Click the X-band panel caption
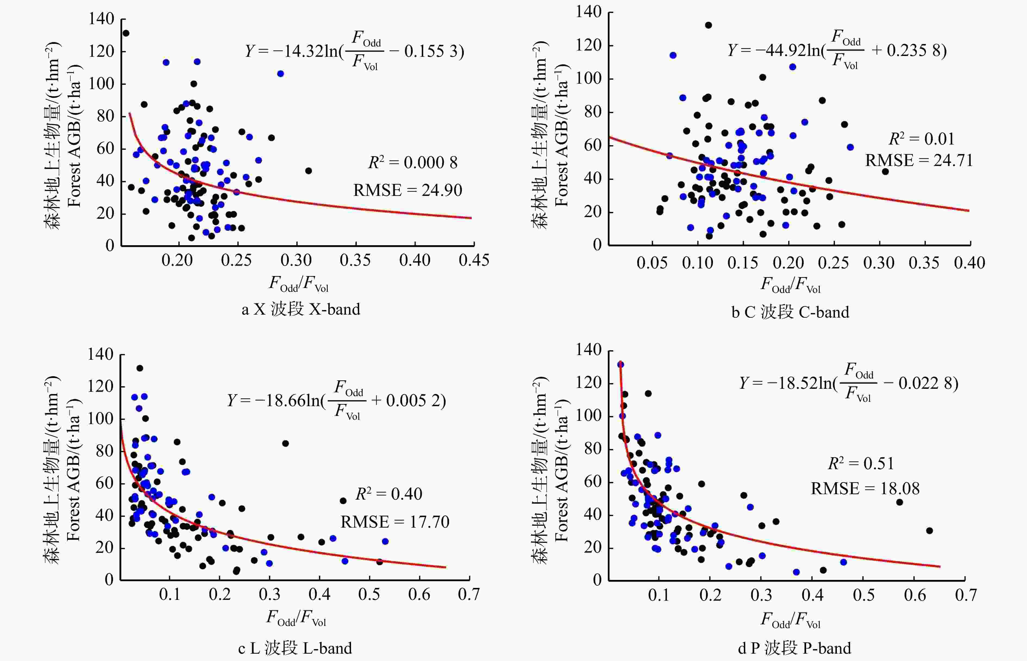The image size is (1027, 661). [x=300, y=309]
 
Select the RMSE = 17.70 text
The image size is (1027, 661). [x=394, y=522]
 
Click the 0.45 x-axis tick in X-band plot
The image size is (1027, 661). [x=474, y=260]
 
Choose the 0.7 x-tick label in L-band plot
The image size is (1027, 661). [x=469, y=594]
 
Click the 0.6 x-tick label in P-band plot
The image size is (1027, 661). [x=915, y=595]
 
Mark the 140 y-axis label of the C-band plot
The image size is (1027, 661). [x=588, y=12]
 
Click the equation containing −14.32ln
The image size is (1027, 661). [x=355, y=51]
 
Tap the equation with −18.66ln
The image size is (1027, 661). [x=336, y=400]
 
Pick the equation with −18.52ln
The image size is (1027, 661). [x=848, y=383]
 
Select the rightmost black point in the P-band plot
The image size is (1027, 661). [x=929, y=531]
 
